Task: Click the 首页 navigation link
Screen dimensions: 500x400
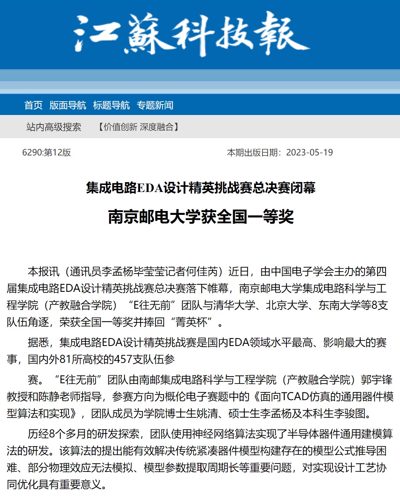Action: point(33,105)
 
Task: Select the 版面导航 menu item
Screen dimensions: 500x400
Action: point(67,105)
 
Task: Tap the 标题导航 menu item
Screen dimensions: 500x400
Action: point(111,105)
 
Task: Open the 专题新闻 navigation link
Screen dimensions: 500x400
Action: point(155,105)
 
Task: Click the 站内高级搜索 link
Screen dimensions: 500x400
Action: point(54,127)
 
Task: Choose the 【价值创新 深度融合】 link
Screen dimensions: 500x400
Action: point(138,127)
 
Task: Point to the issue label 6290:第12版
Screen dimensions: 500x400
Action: point(46,153)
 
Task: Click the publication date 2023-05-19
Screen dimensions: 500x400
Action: point(309,153)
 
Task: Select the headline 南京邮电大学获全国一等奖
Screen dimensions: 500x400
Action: point(201,217)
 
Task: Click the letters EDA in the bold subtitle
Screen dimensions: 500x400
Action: point(150,188)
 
